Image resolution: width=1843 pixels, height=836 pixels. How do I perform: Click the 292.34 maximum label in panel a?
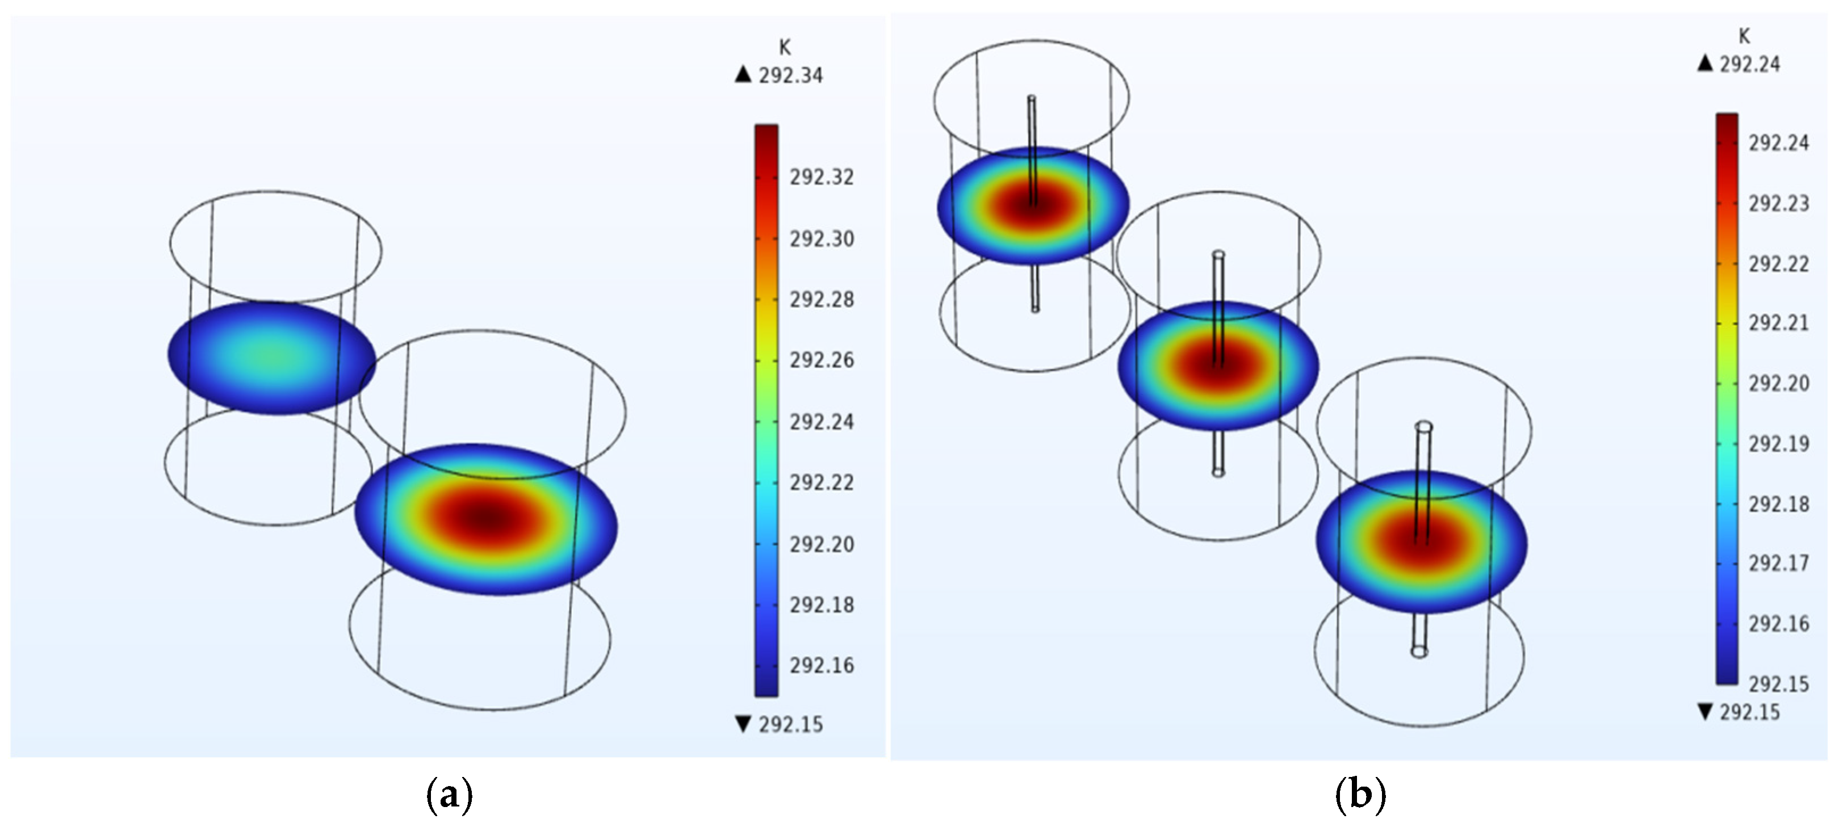(790, 75)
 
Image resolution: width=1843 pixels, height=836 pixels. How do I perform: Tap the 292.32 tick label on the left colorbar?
(822, 177)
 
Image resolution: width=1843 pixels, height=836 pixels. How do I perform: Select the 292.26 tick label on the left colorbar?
(822, 360)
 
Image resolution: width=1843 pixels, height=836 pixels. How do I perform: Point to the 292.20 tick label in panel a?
(822, 544)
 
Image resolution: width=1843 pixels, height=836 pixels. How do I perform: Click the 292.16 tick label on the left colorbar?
(822, 666)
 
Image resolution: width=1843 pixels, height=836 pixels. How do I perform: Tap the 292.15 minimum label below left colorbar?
(790, 724)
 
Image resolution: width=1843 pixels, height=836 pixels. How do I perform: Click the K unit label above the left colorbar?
(785, 47)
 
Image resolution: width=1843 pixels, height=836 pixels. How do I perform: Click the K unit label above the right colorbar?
(1744, 36)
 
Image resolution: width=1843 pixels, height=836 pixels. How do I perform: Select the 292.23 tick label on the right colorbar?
(1779, 204)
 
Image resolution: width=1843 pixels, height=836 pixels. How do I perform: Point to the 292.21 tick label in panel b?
(1779, 324)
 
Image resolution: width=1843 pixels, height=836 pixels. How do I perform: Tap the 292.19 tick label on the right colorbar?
(1779, 444)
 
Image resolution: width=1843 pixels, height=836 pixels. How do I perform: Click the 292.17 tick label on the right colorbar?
(1779, 564)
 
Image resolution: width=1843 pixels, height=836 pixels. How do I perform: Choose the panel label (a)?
(449, 795)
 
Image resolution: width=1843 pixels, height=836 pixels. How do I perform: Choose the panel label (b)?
(1360, 795)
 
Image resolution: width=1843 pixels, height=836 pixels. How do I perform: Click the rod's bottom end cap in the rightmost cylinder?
(1419, 652)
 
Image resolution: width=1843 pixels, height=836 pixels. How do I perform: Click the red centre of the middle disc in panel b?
(1218, 363)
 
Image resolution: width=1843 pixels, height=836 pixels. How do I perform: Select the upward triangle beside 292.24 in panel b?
(1706, 64)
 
